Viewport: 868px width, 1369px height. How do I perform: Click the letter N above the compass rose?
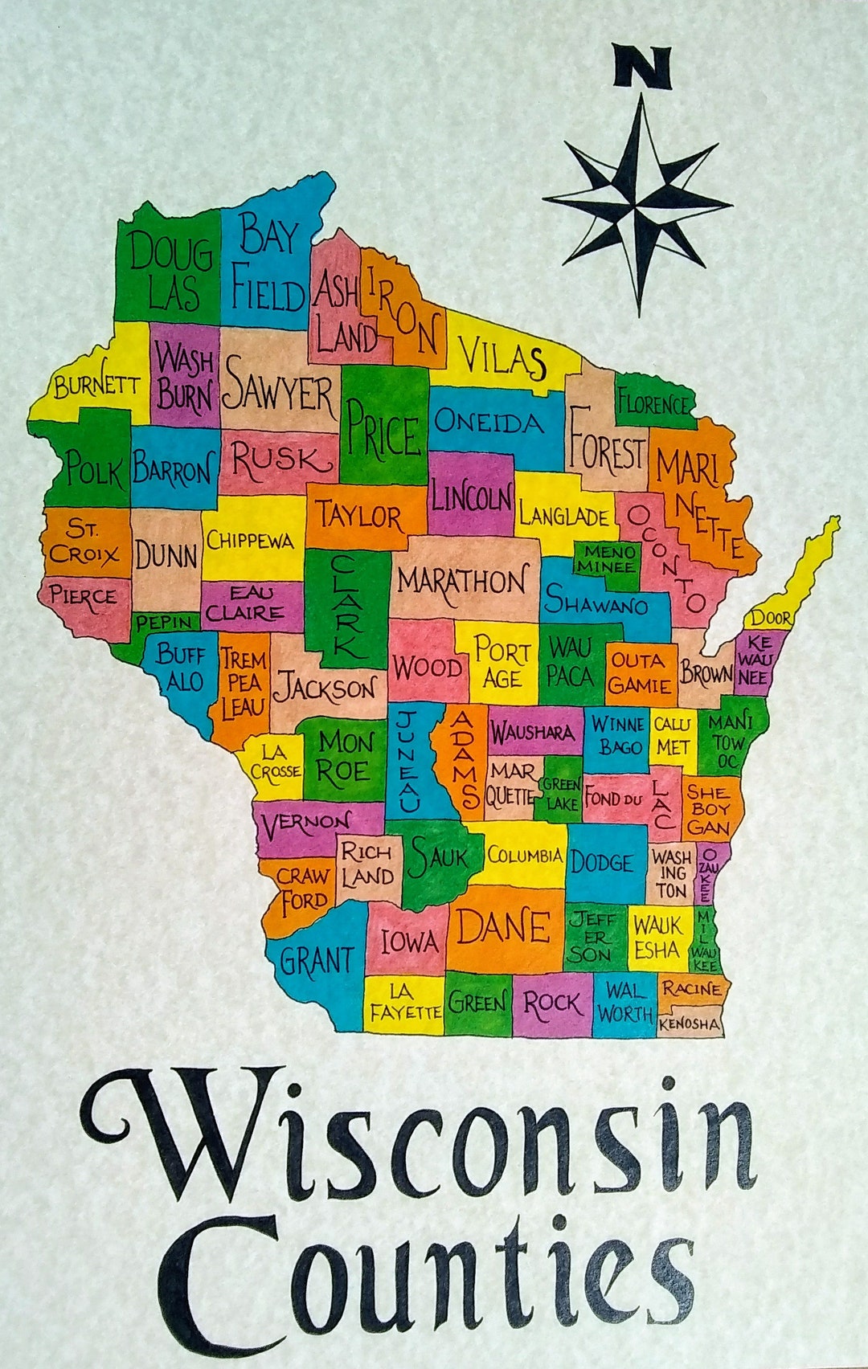641,66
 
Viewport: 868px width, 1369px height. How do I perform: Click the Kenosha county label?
689,1024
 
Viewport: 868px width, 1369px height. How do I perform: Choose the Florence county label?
653,403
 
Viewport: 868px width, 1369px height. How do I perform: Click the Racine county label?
691,988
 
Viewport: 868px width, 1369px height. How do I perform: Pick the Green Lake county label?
559,792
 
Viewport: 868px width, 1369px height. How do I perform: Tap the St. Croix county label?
83,541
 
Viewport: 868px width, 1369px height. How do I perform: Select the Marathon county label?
462,580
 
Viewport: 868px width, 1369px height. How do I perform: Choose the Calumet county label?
672,735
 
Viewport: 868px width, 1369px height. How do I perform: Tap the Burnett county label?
96,386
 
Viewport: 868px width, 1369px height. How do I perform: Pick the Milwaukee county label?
705,940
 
